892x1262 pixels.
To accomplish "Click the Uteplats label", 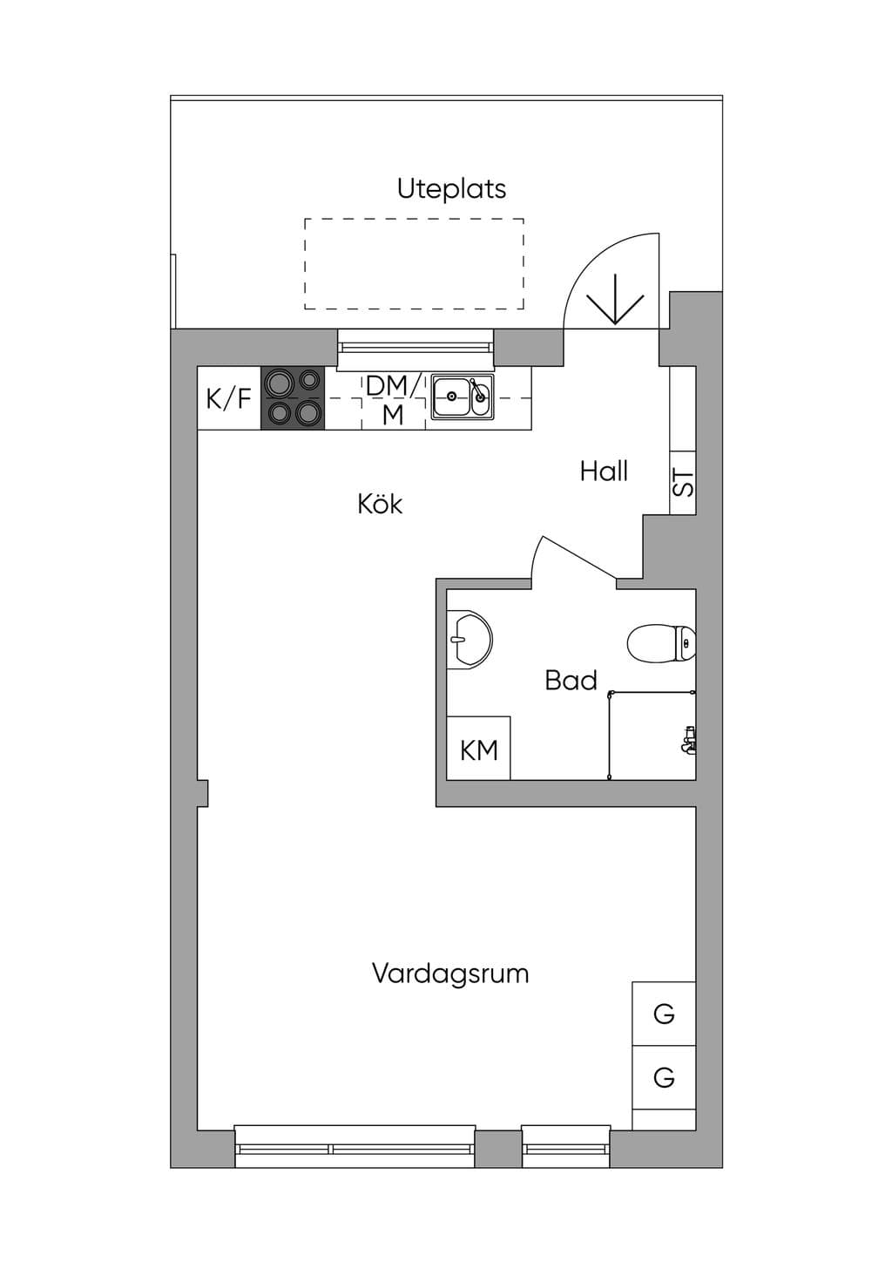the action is coord(451,189).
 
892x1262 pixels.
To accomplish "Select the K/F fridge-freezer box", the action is coord(228,398).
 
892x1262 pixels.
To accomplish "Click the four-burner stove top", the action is coord(293,397).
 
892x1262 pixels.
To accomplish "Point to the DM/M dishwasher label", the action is coord(393,400).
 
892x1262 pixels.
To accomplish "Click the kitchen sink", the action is coord(463,397).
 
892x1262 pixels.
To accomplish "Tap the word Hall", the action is coord(604,471).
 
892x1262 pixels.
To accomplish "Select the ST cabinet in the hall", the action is coord(683,482).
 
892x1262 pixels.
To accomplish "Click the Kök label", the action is coord(380,504).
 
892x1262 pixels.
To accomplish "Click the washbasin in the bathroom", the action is coord(470,640).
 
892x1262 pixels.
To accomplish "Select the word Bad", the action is coord(571,681).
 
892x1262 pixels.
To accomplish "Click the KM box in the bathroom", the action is coord(478,748).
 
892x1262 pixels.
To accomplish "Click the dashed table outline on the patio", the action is coord(414,219).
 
